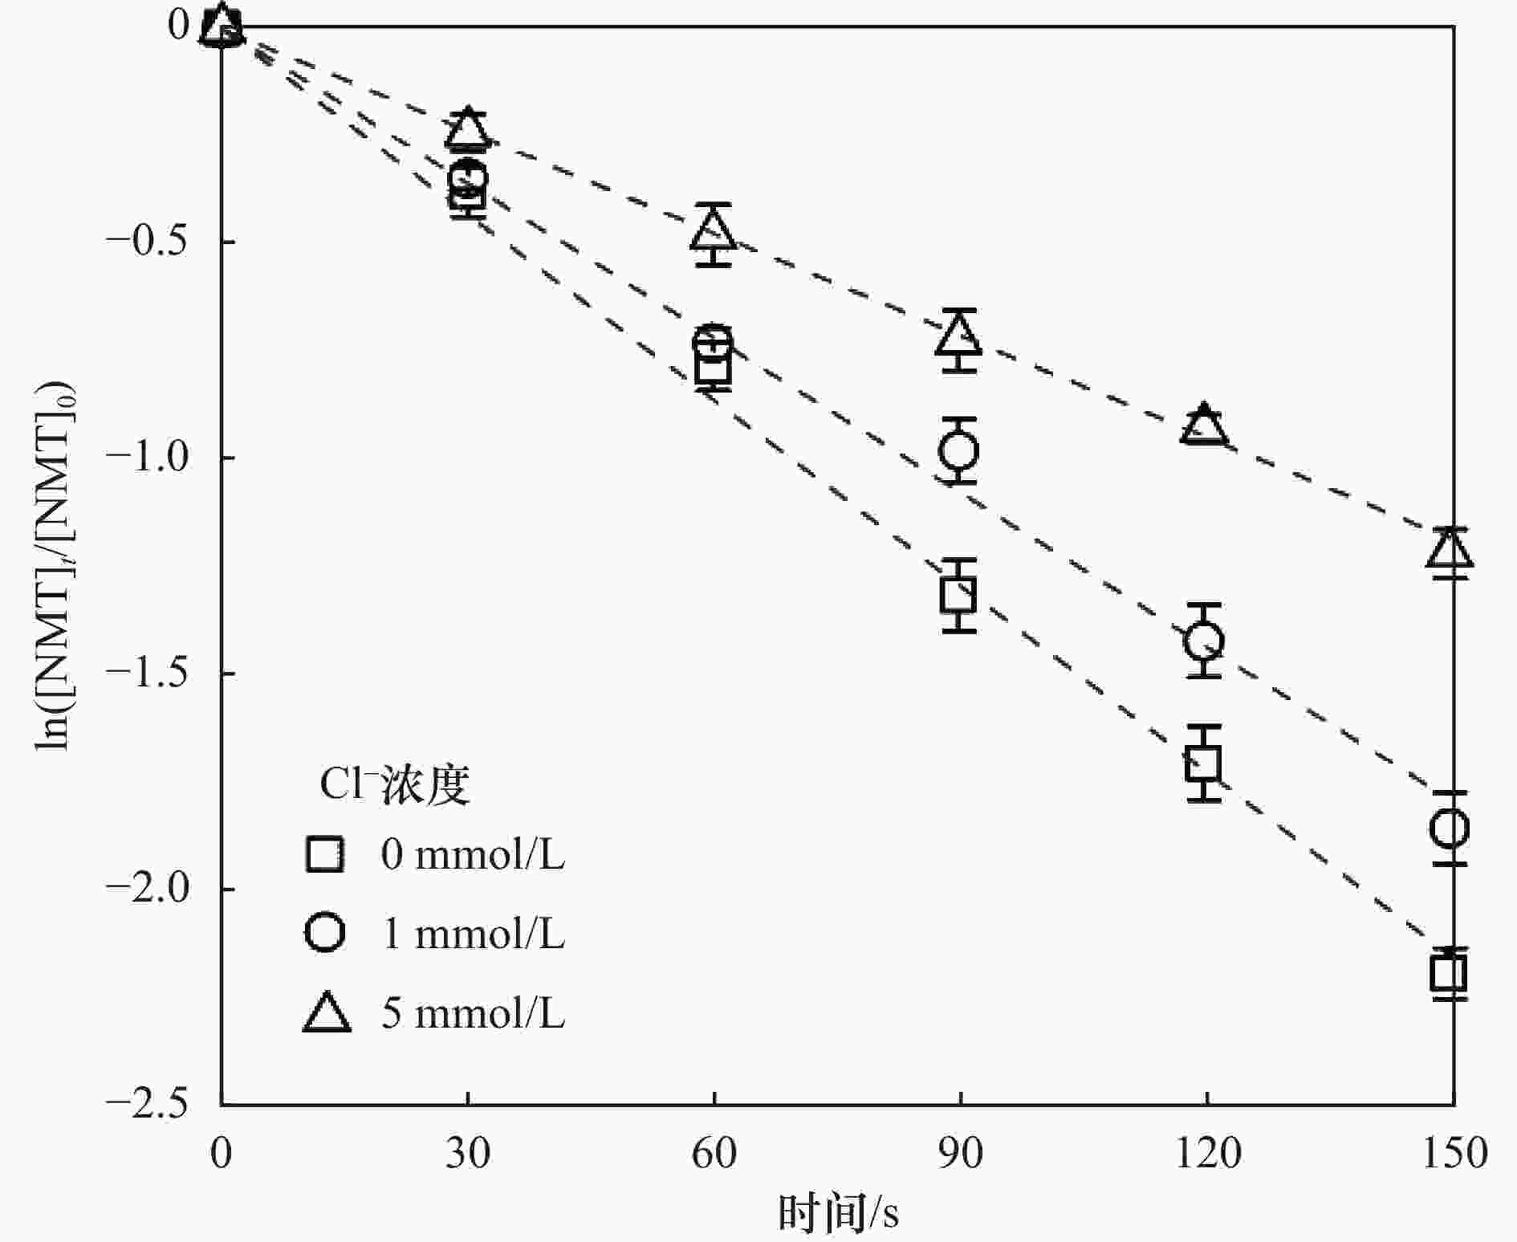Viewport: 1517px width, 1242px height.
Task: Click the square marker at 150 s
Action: pyautogui.click(x=1449, y=973)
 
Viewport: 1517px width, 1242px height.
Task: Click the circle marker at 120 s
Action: pyautogui.click(x=1203, y=641)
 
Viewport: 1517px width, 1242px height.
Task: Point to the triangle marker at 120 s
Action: pyautogui.click(x=1204, y=426)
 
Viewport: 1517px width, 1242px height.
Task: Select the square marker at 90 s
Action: pyautogui.click(x=958, y=595)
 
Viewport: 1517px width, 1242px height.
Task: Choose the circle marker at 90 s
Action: pyautogui.click(x=958, y=450)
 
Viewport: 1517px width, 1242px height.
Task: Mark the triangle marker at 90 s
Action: pyautogui.click(x=958, y=336)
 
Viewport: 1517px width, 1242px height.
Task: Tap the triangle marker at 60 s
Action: pyautogui.click(x=713, y=230)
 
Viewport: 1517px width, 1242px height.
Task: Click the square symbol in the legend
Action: pyautogui.click(x=325, y=854)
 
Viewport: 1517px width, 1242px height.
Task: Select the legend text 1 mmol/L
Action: pyautogui.click(x=474, y=934)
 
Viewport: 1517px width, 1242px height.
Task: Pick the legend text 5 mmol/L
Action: pyautogui.click(x=474, y=1013)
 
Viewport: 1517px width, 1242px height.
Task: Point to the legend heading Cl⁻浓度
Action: pyautogui.click(x=394, y=784)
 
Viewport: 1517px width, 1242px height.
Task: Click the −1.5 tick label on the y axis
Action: pyautogui.click(x=147, y=674)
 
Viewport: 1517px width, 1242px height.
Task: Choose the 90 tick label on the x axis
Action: pyautogui.click(x=960, y=1154)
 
